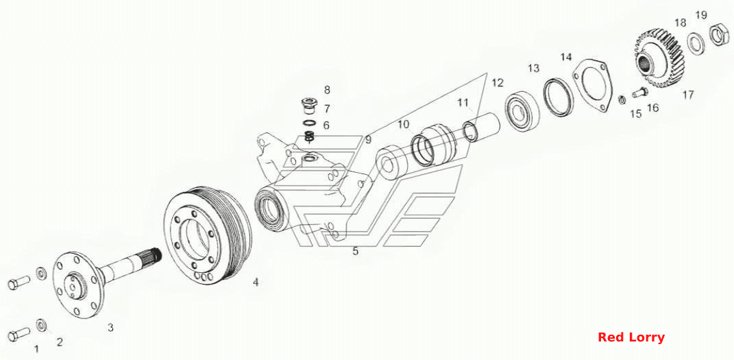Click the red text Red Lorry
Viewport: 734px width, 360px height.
click(x=631, y=337)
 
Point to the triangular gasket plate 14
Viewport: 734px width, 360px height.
click(x=591, y=86)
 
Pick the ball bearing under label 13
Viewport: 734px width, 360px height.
click(x=522, y=110)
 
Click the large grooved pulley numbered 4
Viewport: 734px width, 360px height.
click(x=208, y=237)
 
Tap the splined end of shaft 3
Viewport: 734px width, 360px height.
click(x=154, y=256)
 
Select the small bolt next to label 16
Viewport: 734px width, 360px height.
click(x=639, y=93)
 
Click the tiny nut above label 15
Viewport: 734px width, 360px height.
click(x=622, y=99)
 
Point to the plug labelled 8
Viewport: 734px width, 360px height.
click(x=308, y=106)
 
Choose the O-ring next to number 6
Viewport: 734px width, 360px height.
click(x=308, y=123)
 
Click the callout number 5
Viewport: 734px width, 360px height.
click(x=355, y=252)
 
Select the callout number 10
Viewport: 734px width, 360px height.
click(x=404, y=125)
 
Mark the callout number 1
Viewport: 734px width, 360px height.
click(x=37, y=348)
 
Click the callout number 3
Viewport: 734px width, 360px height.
click(x=110, y=328)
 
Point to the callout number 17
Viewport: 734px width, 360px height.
click(x=687, y=95)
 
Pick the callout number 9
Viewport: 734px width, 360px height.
click(x=369, y=139)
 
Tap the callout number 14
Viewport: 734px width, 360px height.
click(x=566, y=57)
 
